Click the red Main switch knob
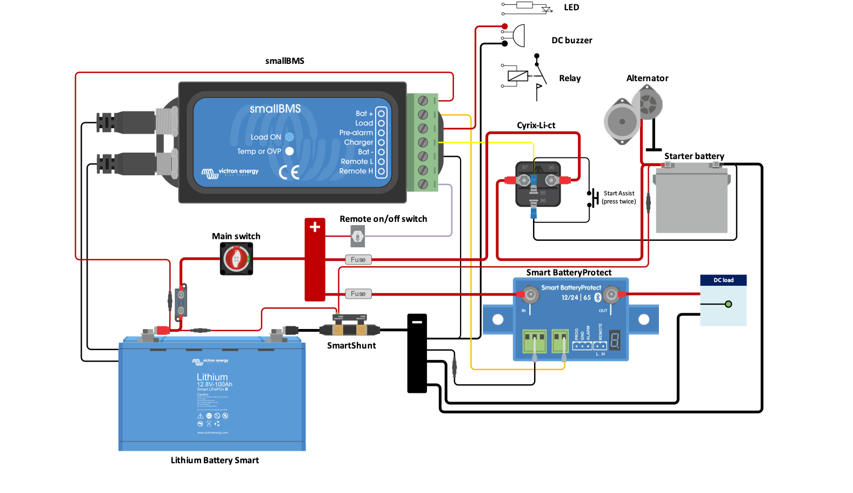(236, 259)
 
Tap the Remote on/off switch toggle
(357, 236)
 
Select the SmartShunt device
(350, 328)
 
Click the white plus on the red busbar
(315, 227)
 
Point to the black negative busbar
(417, 353)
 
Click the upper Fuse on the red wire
(358, 260)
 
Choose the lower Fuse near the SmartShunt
(358, 294)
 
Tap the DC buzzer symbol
(518, 35)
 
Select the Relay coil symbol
(518, 76)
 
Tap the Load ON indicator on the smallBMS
(289, 137)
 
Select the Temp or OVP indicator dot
(289, 152)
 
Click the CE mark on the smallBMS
(289, 173)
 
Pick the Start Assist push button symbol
(593, 198)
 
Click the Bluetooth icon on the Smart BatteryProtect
(598, 298)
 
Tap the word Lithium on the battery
(212, 377)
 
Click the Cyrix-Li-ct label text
(536, 126)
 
